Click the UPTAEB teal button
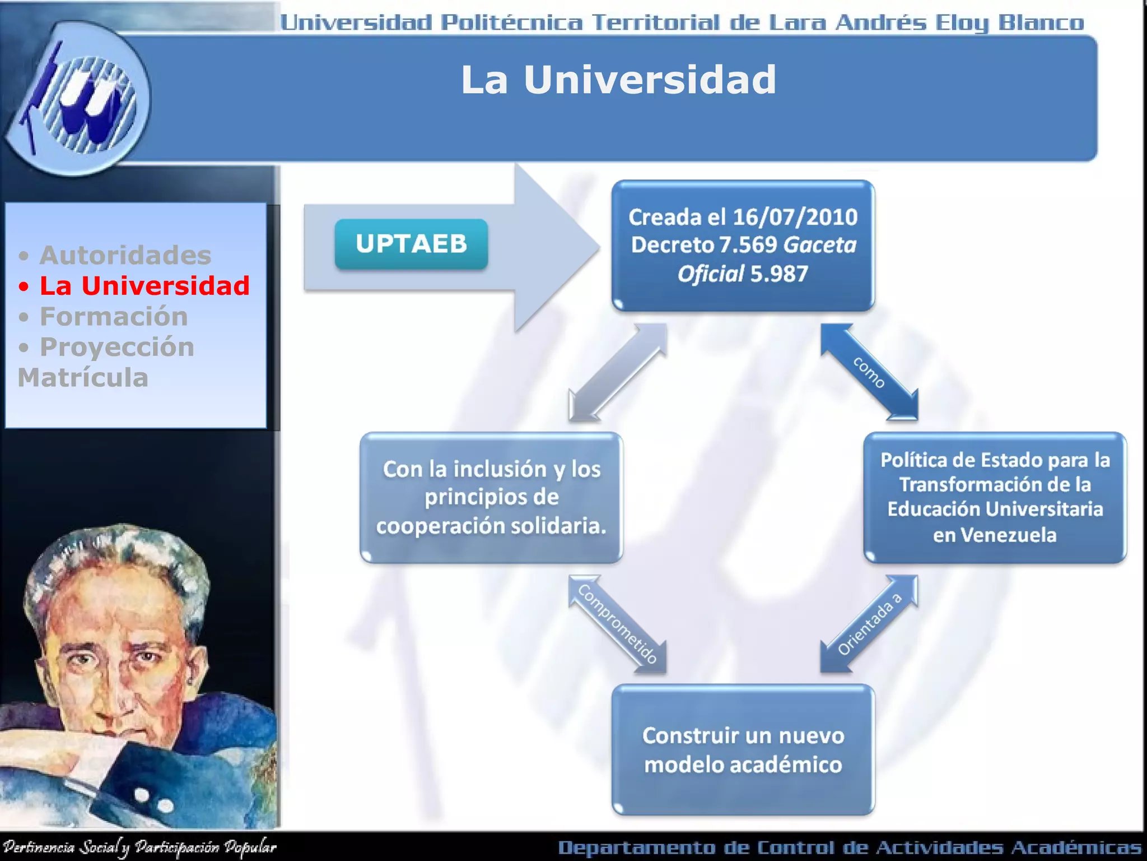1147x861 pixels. [x=411, y=244]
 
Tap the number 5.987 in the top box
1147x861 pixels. [x=779, y=274]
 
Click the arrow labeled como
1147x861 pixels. [x=869, y=372]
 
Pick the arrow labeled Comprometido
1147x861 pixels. [x=617, y=623]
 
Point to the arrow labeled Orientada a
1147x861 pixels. [x=869, y=623]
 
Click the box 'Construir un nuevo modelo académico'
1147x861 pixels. [x=743, y=749]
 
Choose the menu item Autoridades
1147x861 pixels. [x=125, y=256]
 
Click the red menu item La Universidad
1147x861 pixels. [x=144, y=286]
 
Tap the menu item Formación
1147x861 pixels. [x=114, y=317]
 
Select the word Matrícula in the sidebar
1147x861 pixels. [x=83, y=378]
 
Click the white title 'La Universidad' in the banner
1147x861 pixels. [x=618, y=80]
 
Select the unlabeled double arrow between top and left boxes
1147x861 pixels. [x=618, y=372]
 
